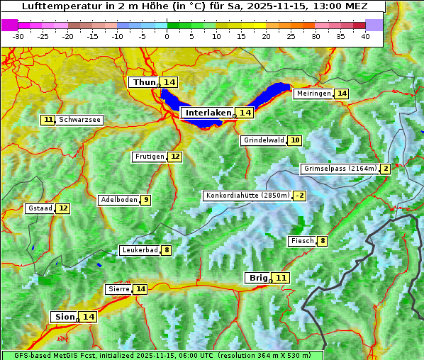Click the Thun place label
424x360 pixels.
click(144, 83)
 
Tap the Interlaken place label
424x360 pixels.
click(208, 113)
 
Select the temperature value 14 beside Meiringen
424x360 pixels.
click(342, 94)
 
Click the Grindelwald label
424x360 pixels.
click(264, 140)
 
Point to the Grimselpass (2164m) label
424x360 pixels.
click(340, 169)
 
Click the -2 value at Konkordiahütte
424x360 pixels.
click(300, 196)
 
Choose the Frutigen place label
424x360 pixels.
click(149, 157)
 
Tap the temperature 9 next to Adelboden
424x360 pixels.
click(146, 200)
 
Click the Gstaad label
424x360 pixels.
click(40, 208)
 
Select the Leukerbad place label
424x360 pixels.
click(139, 250)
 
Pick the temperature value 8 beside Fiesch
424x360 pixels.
click(322, 241)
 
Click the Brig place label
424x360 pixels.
click(257, 278)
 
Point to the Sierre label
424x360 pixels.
click(118, 289)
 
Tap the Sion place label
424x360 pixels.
click(63, 317)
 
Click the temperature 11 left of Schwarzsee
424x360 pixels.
click(48, 120)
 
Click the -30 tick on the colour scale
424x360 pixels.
click(18, 36)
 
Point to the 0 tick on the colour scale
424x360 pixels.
click(167, 36)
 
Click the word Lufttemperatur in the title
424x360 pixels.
click(54, 6)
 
